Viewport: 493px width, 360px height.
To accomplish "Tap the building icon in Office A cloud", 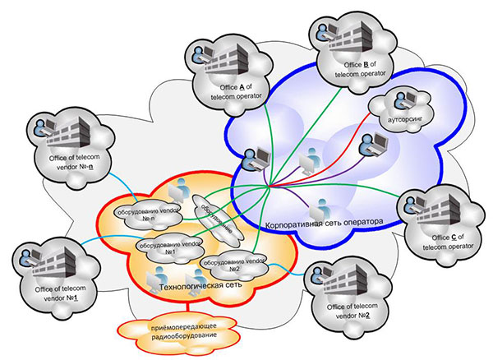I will click(231, 58).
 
